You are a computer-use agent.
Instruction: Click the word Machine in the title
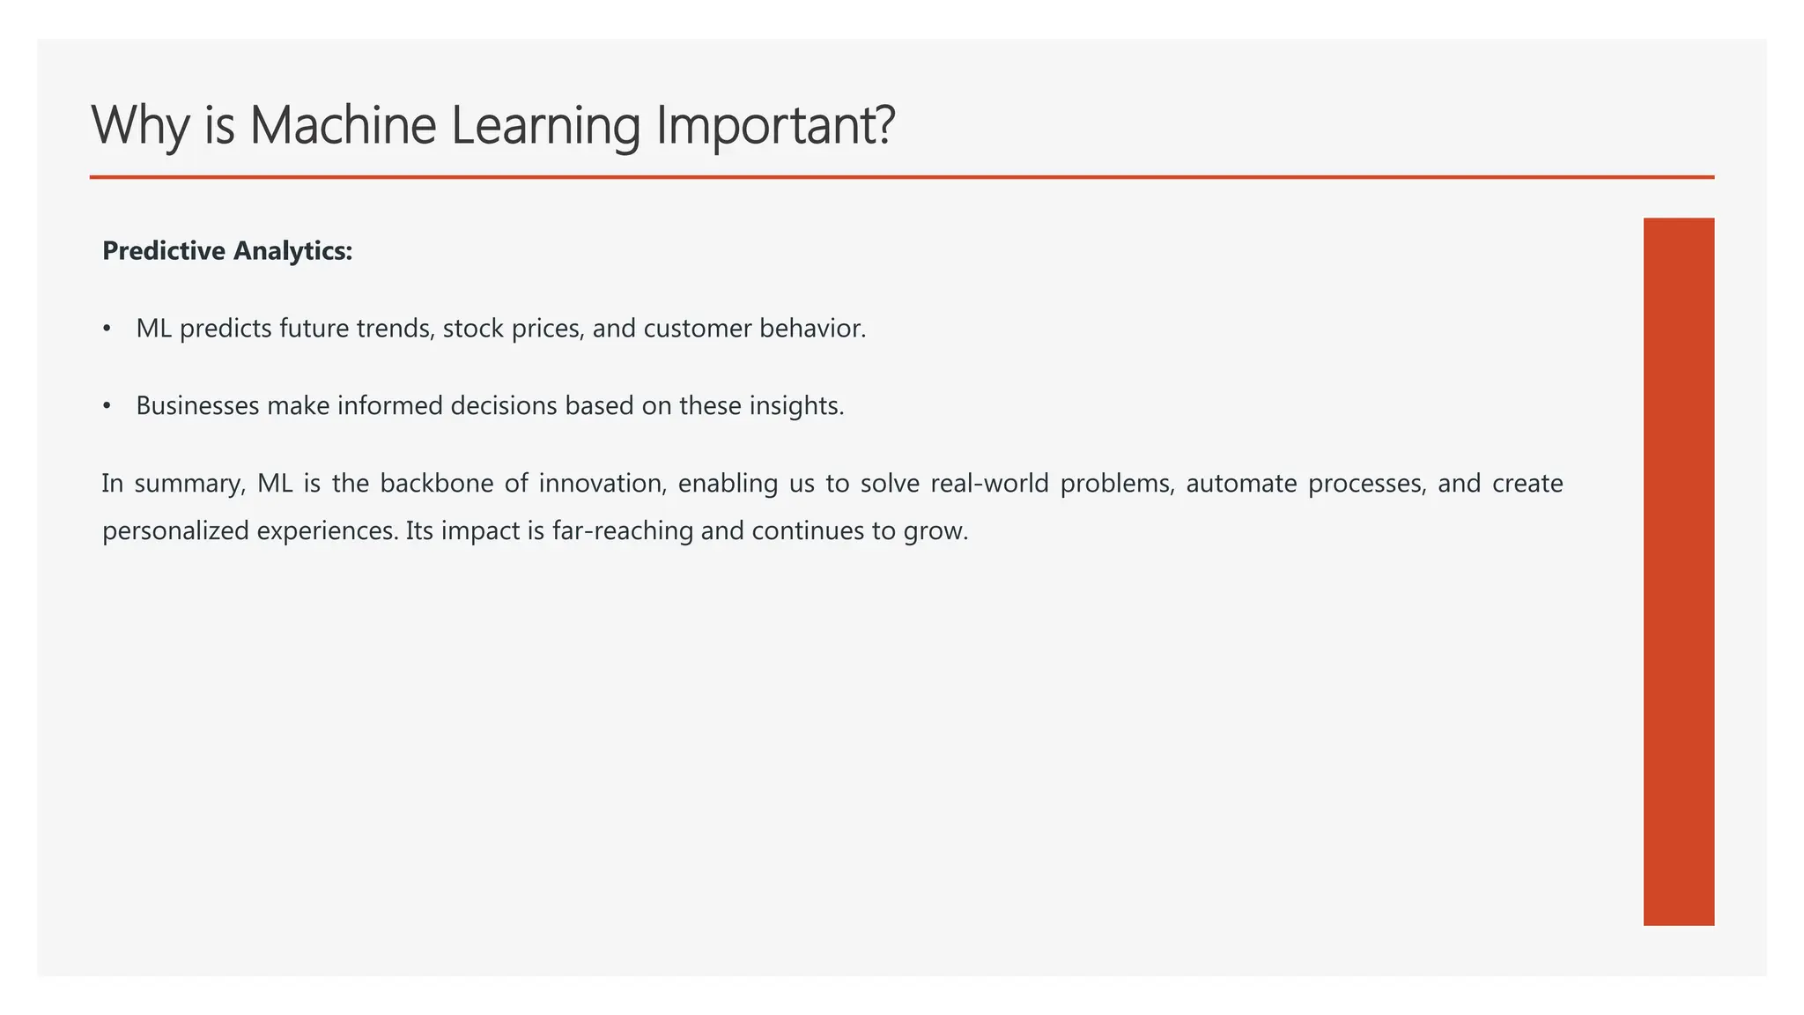pos(343,125)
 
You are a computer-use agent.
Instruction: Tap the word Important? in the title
pos(775,125)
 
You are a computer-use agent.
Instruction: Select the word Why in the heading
pos(139,125)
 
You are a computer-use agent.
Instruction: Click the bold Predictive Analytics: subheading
pos(227,251)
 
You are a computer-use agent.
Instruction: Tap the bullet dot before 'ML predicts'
pos(107,329)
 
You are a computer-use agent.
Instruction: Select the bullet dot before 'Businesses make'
pos(107,406)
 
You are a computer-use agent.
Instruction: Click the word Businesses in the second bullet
pos(197,406)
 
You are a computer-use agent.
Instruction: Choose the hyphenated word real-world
pos(989,484)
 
